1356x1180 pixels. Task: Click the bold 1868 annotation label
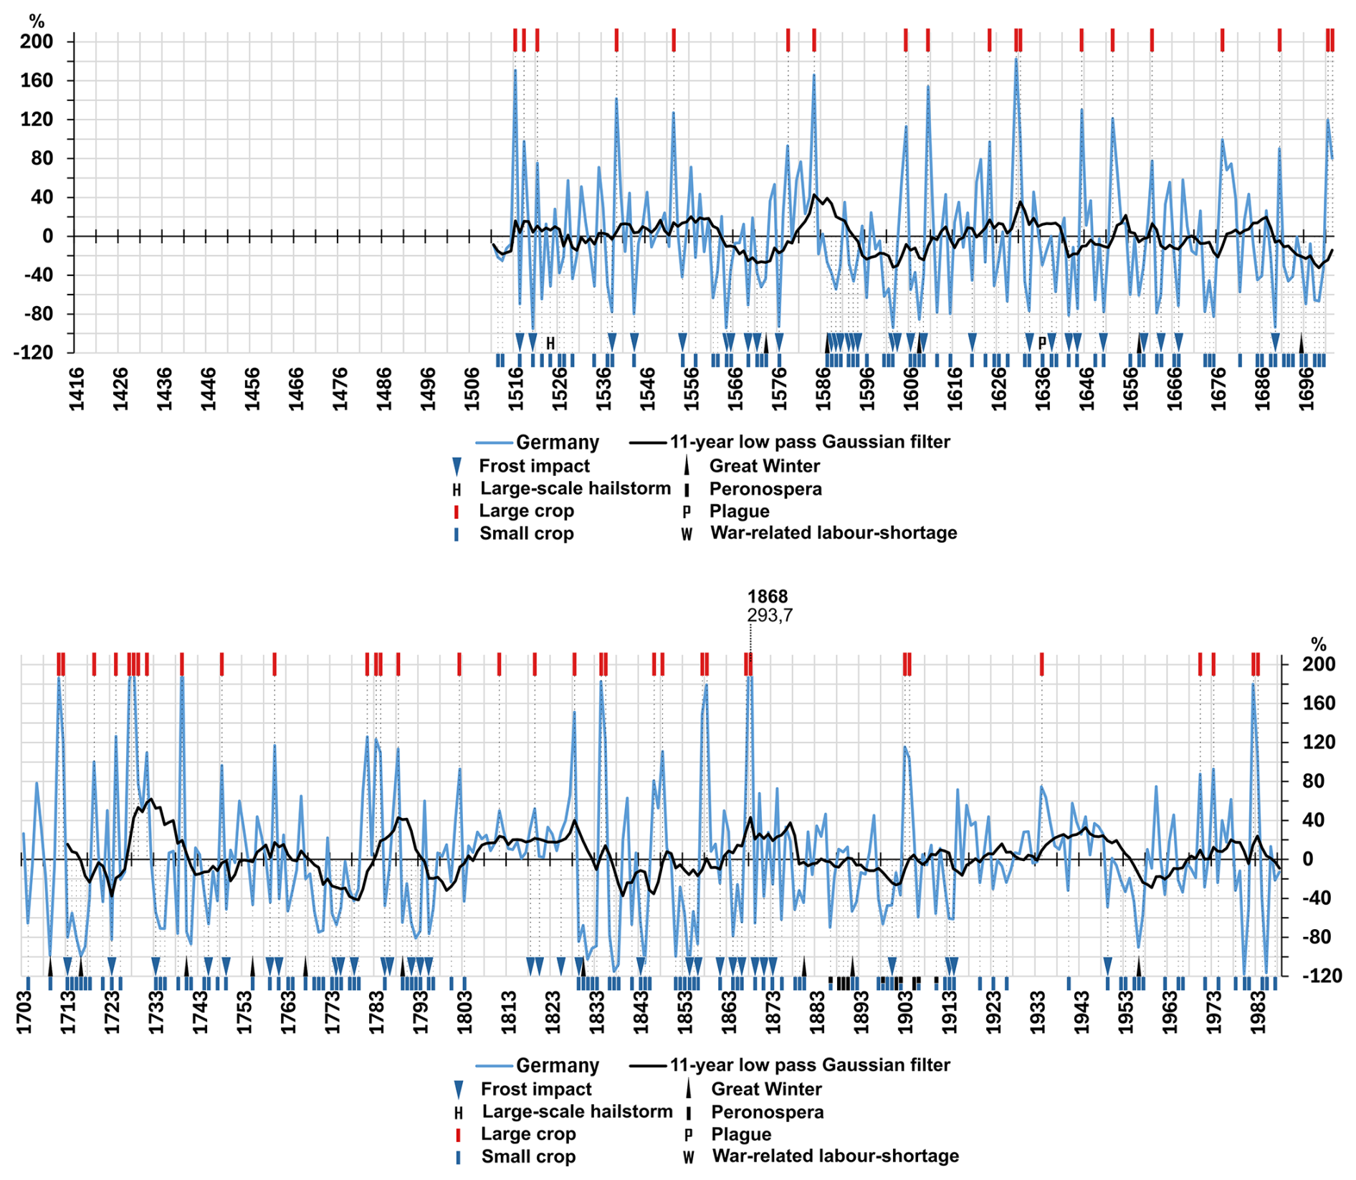point(767,596)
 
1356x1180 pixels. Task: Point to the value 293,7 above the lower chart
point(770,615)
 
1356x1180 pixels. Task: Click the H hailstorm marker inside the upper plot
point(550,343)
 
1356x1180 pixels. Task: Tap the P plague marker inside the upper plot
point(1042,343)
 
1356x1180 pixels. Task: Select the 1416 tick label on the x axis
point(76,389)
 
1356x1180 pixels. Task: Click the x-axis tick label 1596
point(867,389)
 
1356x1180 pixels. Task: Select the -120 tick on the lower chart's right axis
point(1318,976)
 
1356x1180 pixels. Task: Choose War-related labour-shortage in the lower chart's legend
point(835,1156)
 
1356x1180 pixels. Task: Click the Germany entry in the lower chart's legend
point(557,1065)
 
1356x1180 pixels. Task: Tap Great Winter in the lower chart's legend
point(765,1089)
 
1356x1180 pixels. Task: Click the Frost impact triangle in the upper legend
point(457,467)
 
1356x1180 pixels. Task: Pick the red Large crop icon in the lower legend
point(458,1134)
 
